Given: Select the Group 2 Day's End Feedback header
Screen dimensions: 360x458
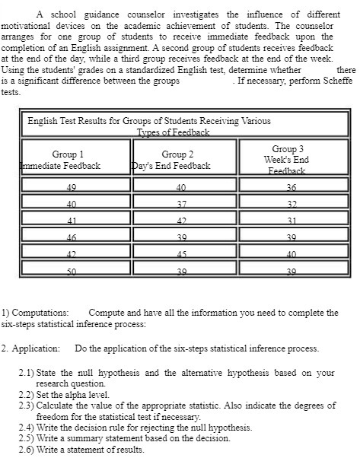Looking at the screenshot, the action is [174, 160].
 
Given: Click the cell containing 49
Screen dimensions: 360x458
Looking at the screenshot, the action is [72, 187].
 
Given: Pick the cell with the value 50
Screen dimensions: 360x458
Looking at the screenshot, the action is [72, 272].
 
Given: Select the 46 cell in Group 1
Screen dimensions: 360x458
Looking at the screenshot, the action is [72, 238].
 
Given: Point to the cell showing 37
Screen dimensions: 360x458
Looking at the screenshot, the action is [180, 205].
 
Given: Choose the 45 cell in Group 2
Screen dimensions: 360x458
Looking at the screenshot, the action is [180, 255].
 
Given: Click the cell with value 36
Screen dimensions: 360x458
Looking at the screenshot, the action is [290, 187].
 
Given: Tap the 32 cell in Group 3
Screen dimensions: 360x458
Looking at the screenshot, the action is [290, 205].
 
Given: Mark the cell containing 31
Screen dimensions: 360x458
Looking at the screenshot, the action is [290, 221].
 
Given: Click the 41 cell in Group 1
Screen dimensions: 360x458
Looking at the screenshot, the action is [72, 221].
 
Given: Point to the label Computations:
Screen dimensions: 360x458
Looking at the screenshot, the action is [43, 313].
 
